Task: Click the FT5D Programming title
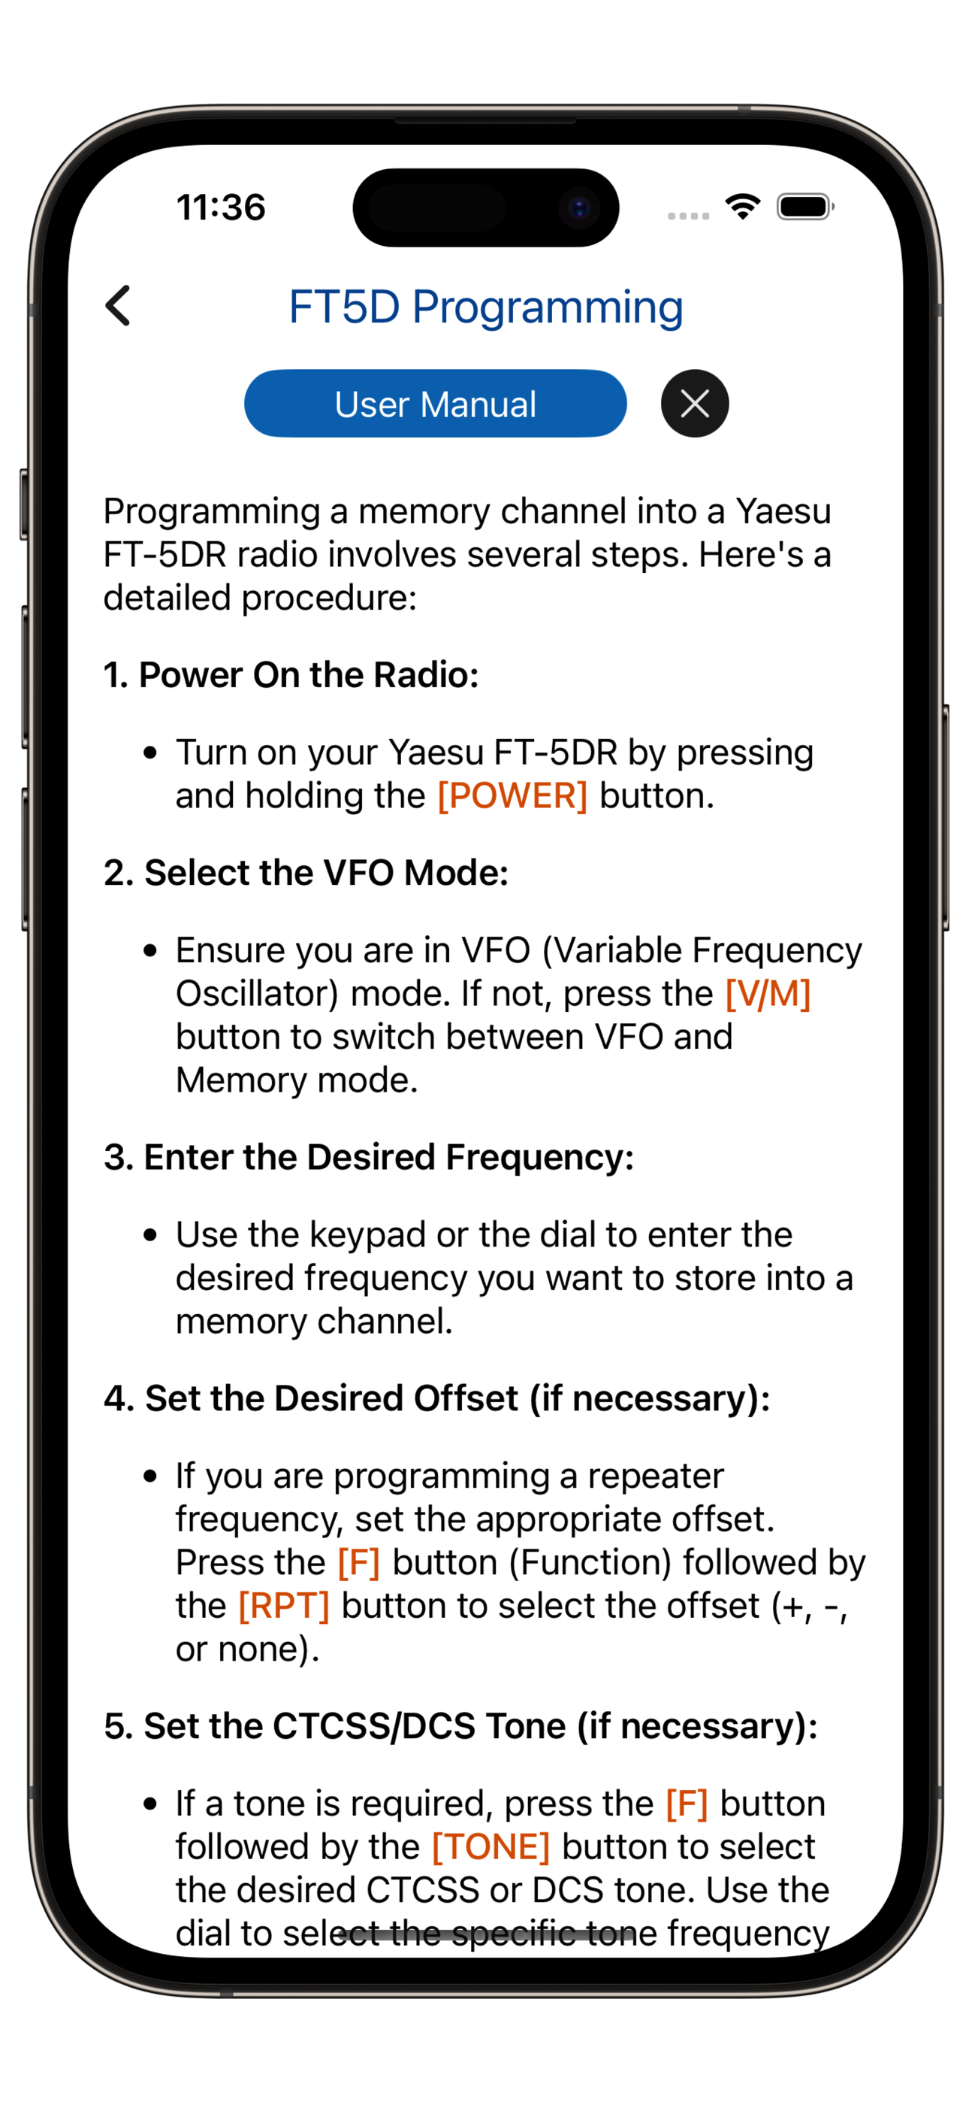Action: pos(485,307)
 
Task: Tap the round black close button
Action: pos(694,403)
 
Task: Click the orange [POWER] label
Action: pos(512,795)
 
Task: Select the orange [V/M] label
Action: pos(768,993)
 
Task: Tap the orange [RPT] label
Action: pos(284,1605)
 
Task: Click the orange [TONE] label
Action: pos(491,1846)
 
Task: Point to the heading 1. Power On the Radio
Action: pos(291,675)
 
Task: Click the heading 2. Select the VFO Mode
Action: pos(306,872)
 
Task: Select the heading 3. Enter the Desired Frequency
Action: pos(369,1157)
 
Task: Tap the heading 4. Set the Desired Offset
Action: pos(437,1398)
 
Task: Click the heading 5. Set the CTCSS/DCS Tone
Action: pos(461,1726)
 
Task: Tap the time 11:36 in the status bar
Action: pos(221,207)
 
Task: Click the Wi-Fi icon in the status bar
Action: pos(742,207)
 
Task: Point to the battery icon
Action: pos(806,207)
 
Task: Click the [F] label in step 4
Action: pos(359,1561)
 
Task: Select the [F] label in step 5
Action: pos(687,1803)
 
